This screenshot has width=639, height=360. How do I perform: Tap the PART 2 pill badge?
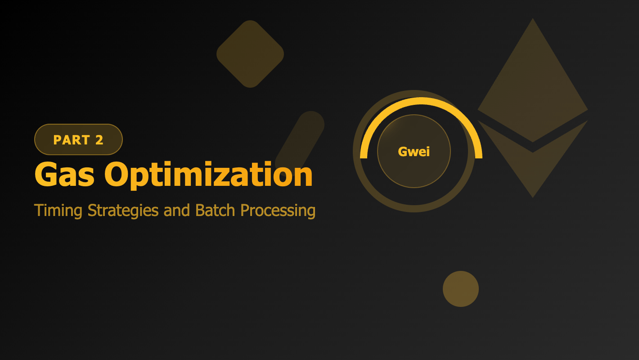click(x=78, y=139)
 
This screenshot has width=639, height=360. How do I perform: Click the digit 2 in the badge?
click(x=99, y=140)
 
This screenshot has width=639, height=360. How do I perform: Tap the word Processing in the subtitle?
click(x=277, y=211)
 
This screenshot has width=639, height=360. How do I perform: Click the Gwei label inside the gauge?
click(x=414, y=152)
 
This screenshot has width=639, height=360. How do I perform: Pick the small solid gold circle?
click(x=461, y=289)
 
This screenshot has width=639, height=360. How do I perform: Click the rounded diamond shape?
click(x=250, y=54)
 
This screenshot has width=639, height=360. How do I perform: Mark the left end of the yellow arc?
click(x=364, y=155)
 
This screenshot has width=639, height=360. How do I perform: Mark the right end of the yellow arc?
click(x=478, y=155)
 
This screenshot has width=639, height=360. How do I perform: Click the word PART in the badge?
click(x=72, y=140)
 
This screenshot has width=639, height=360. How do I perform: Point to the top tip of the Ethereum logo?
click(x=533, y=20)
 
